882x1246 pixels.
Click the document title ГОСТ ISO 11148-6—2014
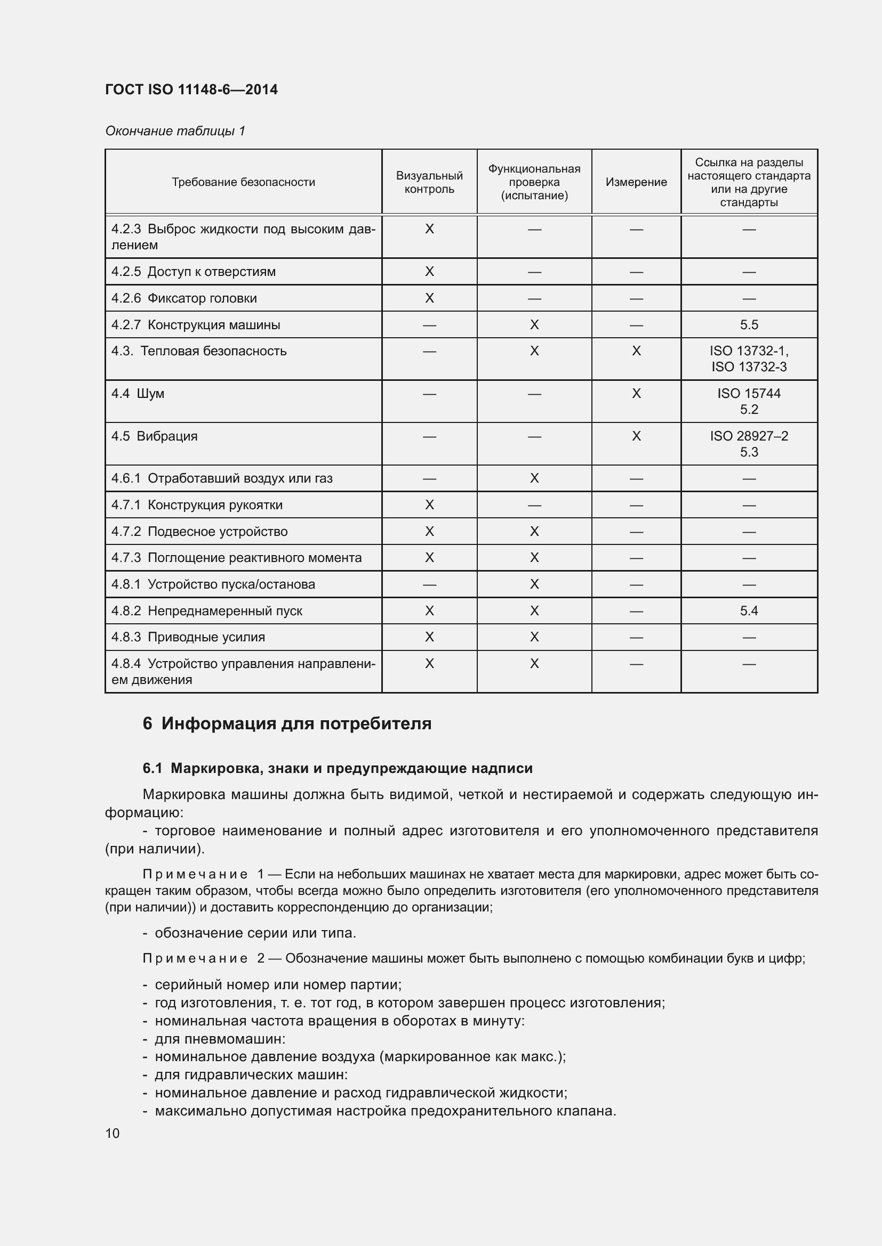191,89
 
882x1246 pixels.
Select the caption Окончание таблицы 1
175,131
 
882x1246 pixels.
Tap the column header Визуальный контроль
429,182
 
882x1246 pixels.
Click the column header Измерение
636,182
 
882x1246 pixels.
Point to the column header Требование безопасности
243,182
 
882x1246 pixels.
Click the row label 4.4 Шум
138,394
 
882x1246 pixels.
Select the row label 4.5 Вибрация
154,436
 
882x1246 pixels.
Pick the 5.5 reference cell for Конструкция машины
749,325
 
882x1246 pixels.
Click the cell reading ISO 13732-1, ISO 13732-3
749,359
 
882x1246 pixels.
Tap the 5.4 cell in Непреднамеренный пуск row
749,611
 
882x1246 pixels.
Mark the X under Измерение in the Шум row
636,394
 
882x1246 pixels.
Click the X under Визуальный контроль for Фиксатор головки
429,298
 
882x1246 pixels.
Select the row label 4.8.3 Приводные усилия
188,637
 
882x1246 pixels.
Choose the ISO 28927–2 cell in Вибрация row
749,436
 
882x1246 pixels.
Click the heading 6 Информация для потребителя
287,724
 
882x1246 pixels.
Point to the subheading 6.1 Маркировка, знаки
337,769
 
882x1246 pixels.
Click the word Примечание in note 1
195,874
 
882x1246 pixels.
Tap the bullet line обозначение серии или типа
255,933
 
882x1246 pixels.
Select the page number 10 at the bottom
113,1134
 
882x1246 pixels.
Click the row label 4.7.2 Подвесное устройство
199,532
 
